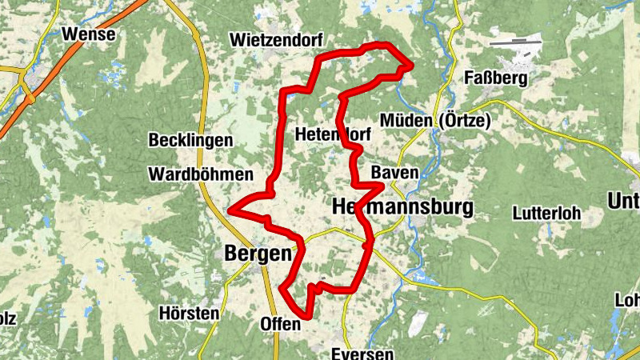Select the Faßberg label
pos(497,78)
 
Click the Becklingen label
pos(190,140)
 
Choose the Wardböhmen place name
pos(201,174)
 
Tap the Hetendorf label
pos(328,133)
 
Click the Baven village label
pos(394,173)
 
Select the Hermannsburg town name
pos(402,207)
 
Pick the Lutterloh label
pos(546,214)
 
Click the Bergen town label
pos(256,254)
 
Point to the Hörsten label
pos(189,313)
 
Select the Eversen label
pos(364,354)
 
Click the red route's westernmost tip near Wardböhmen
pos(230,210)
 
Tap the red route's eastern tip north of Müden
pos(410,65)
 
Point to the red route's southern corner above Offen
pos(308,315)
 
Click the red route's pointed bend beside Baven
pos(382,186)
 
